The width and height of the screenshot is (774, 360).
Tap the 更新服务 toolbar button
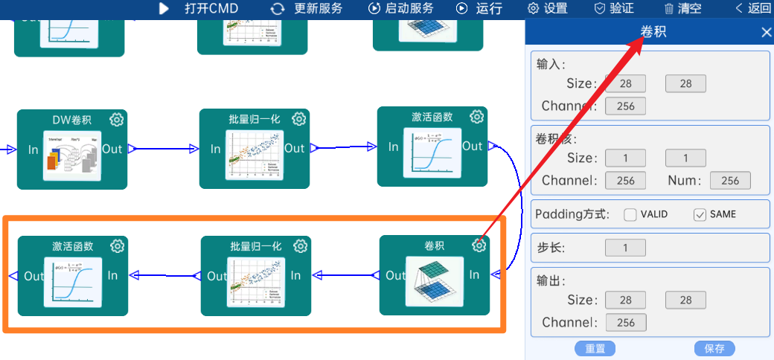307,9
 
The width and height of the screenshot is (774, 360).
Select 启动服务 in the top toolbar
401,9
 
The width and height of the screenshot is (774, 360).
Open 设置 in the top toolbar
547,9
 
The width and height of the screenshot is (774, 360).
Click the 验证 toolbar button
614,9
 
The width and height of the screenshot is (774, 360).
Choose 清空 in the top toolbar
682,9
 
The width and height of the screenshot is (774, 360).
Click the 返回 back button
753,9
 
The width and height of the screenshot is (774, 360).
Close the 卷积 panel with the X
766,32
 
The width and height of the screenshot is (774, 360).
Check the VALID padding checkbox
630,215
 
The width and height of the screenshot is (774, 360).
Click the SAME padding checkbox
700,215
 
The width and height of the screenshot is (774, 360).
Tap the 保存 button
714,348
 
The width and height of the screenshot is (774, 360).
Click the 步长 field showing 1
625,248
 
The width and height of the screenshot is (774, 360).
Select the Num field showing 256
730,180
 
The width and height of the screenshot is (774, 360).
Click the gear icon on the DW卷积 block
117,120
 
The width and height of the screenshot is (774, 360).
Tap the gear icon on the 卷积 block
480,245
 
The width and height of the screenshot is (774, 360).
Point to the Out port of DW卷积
112,149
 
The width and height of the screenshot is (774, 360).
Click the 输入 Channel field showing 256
625,106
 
